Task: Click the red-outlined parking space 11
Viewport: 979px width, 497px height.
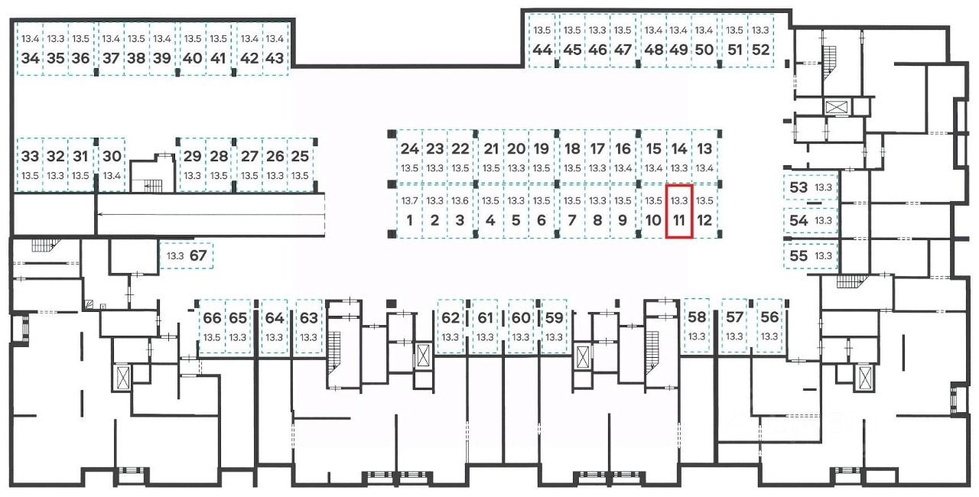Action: [x=679, y=212]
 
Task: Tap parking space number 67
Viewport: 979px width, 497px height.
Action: [x=188, y=255]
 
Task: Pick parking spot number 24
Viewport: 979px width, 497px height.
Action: [x=410, y=157]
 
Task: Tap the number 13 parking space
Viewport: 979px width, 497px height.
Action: [x=704, y=157]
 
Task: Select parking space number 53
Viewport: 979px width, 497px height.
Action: [x=809, y=187]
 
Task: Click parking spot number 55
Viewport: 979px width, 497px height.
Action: [x=809, y=255]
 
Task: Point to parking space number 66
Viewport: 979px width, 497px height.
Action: [x=212, y=326]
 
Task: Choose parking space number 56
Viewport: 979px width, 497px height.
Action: [x=769, y=326]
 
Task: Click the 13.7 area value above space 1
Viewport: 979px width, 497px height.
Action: [x=410, y=200]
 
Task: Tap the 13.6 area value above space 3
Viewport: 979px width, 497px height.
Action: [x=460, y=200]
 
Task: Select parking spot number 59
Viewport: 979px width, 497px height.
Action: [x=554, y=326]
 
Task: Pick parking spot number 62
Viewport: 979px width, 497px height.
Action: [x=450, y=326]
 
